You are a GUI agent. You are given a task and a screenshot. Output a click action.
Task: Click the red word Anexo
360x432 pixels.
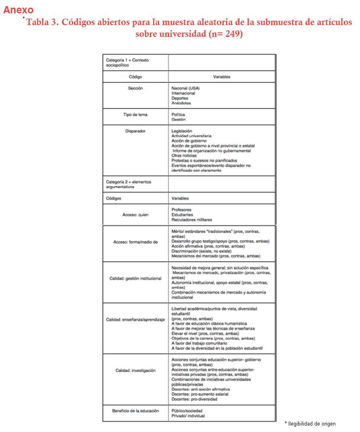[18, 10]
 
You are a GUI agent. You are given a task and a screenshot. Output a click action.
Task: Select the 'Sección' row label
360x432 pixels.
[135, 88]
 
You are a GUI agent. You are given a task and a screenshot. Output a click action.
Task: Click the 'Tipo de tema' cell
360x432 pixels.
[135, 115]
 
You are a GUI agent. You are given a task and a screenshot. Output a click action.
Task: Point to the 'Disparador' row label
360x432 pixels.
[135, 131]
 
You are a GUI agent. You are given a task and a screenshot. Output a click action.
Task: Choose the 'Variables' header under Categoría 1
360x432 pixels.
[222, 77]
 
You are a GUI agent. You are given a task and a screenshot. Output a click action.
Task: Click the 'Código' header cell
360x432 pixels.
[135, 77]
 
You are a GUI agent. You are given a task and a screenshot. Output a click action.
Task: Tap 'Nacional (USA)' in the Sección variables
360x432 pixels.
[185, 88]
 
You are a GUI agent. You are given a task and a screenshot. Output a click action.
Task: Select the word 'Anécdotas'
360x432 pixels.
[181, 103]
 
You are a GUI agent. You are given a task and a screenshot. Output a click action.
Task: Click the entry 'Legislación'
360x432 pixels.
[182, 131]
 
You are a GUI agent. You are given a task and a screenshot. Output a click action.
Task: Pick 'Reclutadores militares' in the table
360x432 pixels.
[191, 220]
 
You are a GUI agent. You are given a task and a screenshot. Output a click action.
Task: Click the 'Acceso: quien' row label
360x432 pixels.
[135, 215]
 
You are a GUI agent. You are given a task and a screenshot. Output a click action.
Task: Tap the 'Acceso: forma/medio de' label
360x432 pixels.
[135, 242]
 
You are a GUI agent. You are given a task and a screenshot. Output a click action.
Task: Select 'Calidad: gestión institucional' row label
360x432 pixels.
[135, 278]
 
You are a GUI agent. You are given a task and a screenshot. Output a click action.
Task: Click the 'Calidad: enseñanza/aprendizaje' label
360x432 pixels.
[135, 320]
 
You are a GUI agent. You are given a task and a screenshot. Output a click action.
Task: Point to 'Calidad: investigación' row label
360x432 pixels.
[135, 370]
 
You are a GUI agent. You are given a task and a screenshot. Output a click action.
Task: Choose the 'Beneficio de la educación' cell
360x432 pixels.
[135, 411]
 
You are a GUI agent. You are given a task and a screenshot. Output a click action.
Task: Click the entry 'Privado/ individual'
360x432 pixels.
[188, 416]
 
